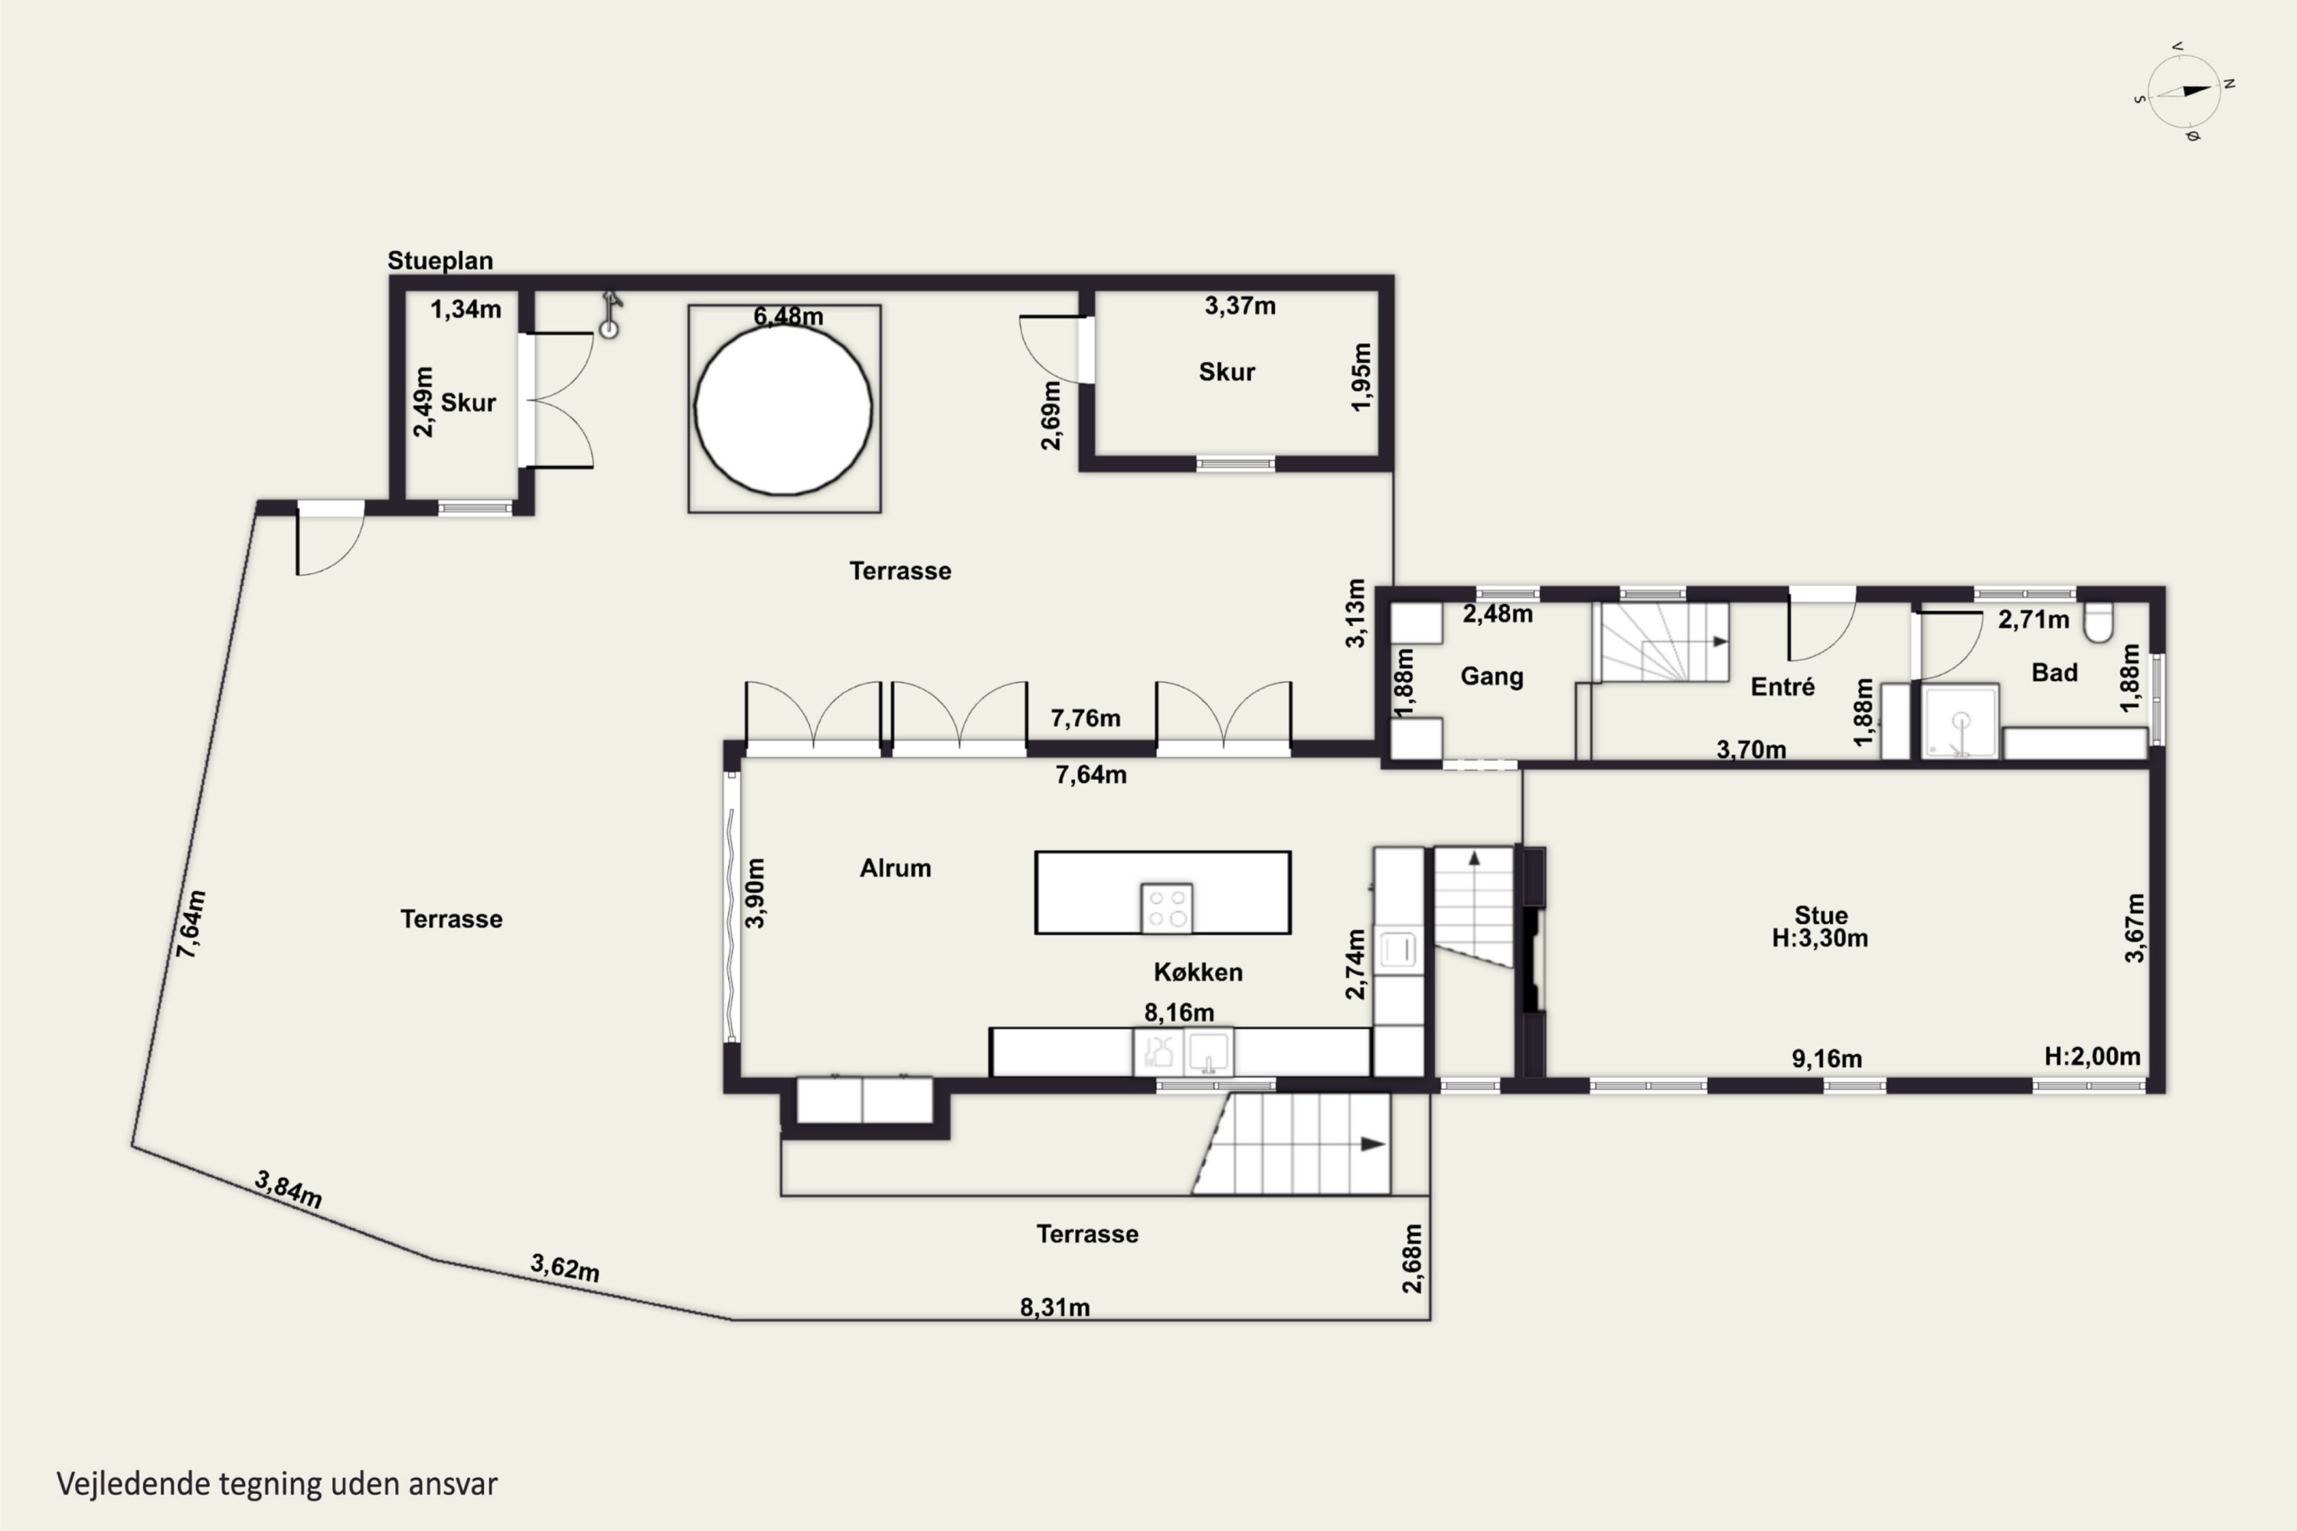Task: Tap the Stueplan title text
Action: pyautogui.click(x=440, y=261)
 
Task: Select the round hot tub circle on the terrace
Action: pyautogui.click(x=783, y=409)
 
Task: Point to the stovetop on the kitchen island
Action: pyautogui.click(x=1167, y=908)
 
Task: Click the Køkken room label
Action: pyautogui.click(x=1198, y=971)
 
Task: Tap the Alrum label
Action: pyautogui.click(x=896, y=868)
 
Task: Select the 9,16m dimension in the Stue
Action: pyautogui.click(x=1826, y=1059)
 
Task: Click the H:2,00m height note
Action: pyautogui.click(x=2093, y=1056)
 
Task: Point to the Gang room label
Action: pyautogui.click(x=1492, y=677)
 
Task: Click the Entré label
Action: pyautogui.click(x=1783, y=687)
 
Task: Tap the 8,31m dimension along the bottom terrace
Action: pyautogui.click(x=1055, y=1307)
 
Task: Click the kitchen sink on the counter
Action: pyautogui.click(x=1208, y=1053)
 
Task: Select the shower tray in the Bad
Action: pyautogui.click(x=1960, y=722)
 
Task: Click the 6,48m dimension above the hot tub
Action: pyautogui.click(x=788, y=316)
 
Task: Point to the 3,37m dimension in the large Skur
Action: pyautogui.click(x=1240, y=305)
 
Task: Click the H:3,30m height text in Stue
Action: pyautogui.click(x=1821, y=939)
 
